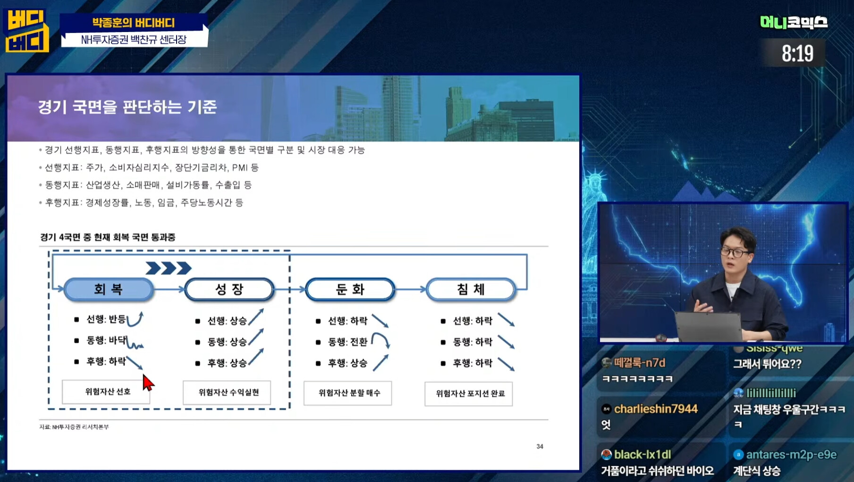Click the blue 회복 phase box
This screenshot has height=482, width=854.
pos(109,289)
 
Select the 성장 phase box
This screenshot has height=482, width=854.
pos(229,289)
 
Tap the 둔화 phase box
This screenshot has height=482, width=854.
pos(350,289)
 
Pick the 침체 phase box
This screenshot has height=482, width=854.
pos(471,289)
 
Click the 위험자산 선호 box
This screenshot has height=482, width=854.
pos(106,392)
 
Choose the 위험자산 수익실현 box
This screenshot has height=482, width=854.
pos(227,392)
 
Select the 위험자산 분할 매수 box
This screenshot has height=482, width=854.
pos(348,393)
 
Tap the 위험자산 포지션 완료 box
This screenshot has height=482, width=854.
pos(469,394)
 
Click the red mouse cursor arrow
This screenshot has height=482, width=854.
pos(148,382)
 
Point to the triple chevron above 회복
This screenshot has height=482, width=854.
pos(169,268)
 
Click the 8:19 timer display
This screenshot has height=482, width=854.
pos(797,53)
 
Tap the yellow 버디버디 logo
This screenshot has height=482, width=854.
pos(27,31)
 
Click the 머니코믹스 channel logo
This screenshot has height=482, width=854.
pos(794,22)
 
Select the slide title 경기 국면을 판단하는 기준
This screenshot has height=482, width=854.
pos(127,107)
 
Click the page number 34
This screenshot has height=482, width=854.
pos(540,446)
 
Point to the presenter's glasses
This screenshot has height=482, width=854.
pos(736,253)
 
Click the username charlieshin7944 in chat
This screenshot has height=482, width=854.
pos(656,409)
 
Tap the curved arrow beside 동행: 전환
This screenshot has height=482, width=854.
pos(380,340)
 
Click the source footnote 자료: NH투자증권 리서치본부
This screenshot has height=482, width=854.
pos(74,427)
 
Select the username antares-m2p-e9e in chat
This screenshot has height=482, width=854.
pos(792,455)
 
